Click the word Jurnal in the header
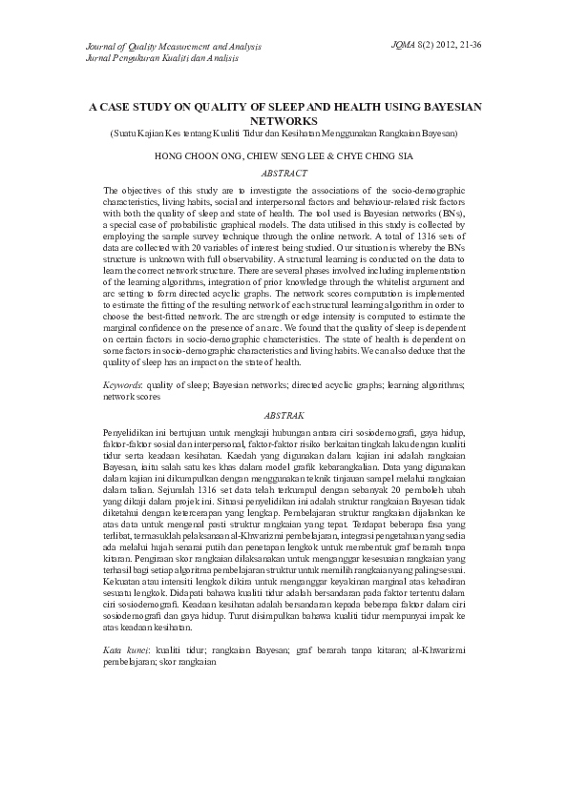point(99,57)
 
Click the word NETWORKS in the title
point(284,122)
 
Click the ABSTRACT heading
point(284,174)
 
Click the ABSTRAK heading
point(284,416)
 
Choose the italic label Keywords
point(121,383)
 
